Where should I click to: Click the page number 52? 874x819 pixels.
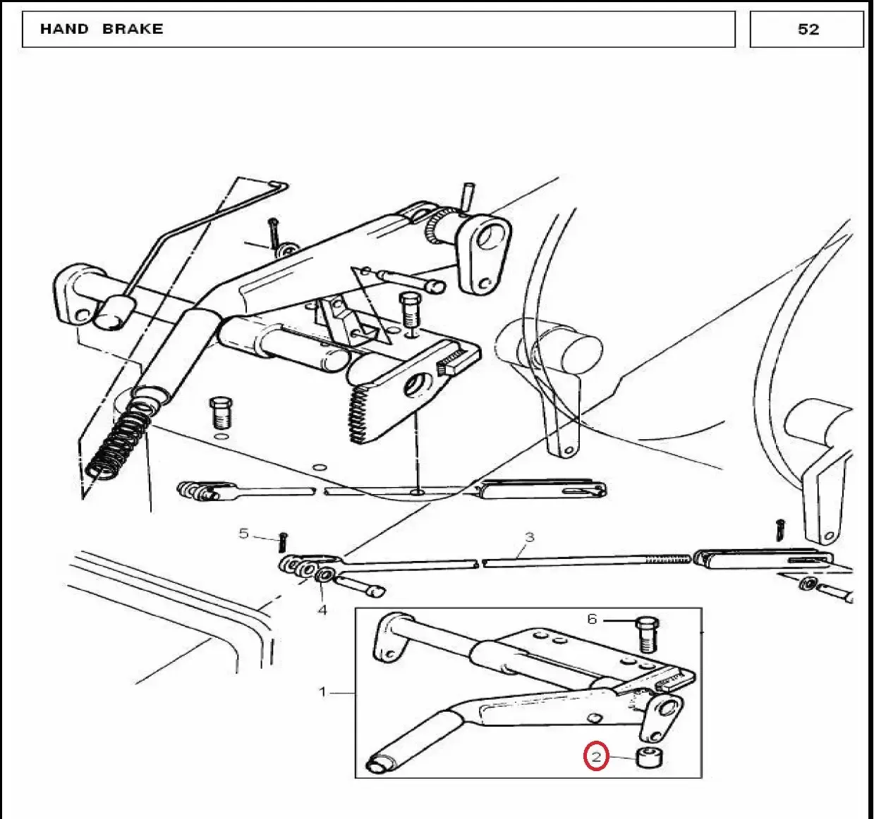point(808,30)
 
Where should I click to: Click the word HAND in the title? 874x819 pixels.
point(64,29)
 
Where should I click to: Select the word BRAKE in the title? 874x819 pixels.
point(133,29)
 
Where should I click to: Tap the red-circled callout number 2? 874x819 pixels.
point(596,757)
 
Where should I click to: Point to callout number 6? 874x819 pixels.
point(592,619)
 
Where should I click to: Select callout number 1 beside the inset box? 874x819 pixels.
point(322,692)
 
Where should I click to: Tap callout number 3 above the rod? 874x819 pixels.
point(530,537)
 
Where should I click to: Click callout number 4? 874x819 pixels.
point(322,610)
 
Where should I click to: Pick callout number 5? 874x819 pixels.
point(244,534)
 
